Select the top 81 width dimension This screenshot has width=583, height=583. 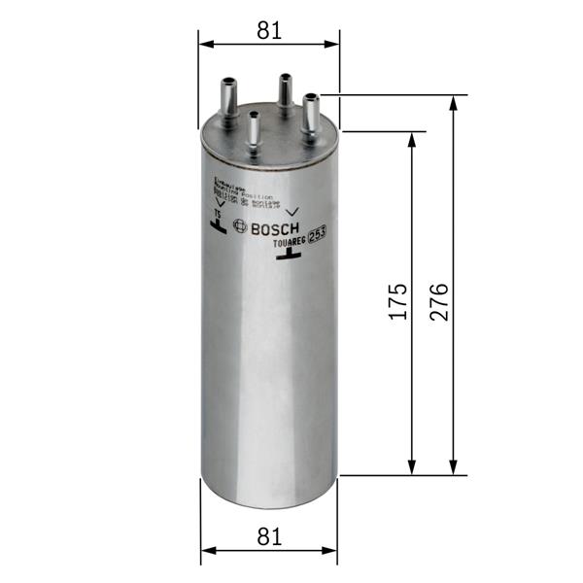[269, 30]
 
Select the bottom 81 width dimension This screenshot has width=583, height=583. [269, 535]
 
